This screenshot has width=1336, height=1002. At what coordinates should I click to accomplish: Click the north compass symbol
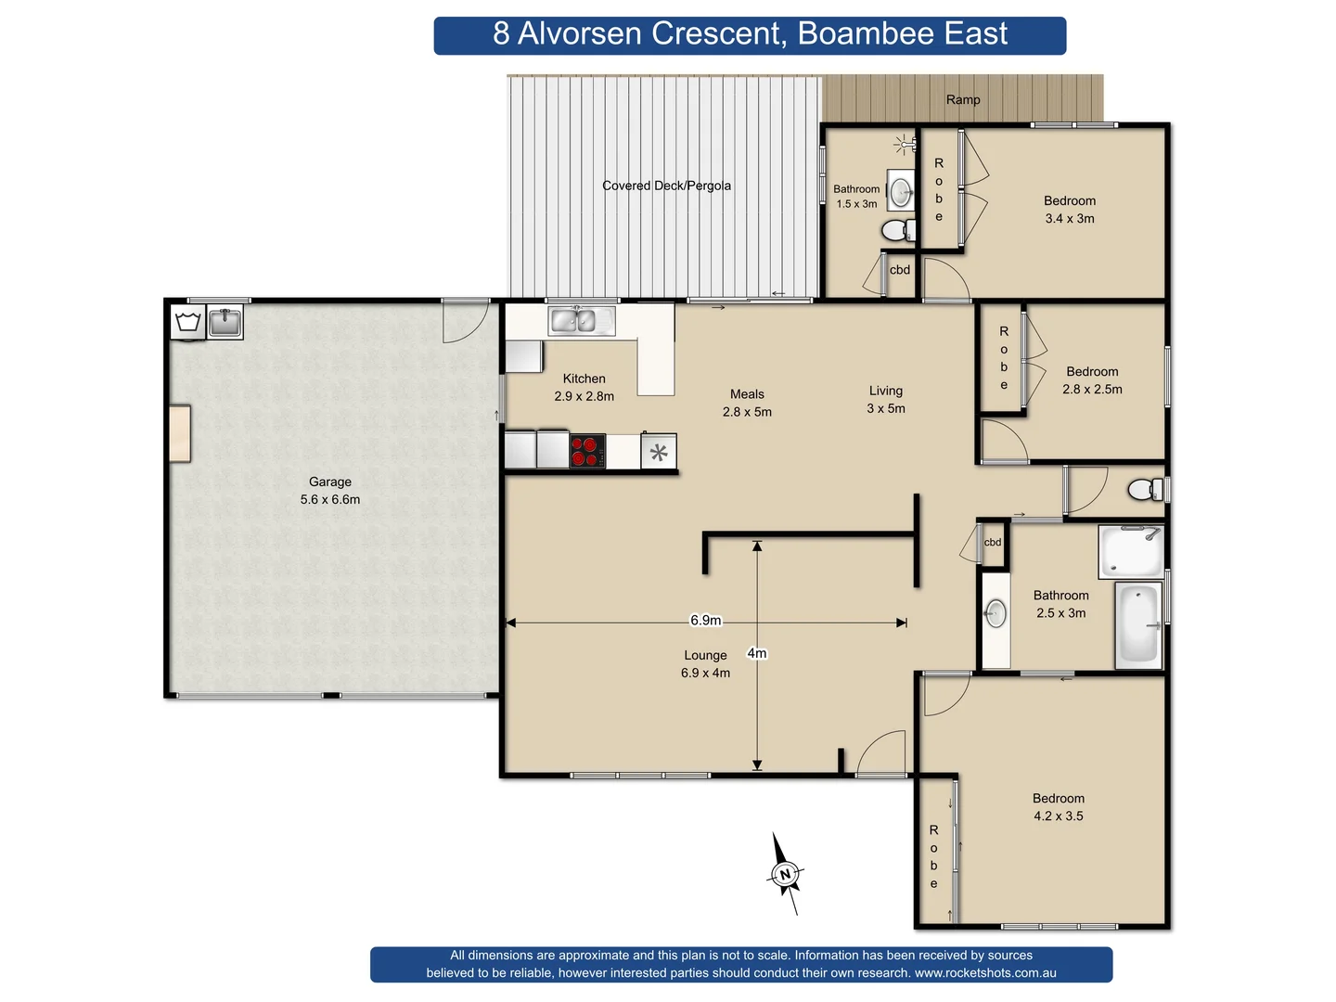785,874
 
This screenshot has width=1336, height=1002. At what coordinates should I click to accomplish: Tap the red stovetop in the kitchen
585,451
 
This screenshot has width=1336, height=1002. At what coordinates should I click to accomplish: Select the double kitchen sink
574,321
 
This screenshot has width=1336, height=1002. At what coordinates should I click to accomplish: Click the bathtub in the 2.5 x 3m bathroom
1138,623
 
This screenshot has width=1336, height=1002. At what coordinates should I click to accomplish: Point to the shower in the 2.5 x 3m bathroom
1130,551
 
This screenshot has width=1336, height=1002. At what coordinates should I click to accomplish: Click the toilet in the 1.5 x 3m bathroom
897,229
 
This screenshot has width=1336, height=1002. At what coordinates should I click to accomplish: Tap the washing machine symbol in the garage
188,323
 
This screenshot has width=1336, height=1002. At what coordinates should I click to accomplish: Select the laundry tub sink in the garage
225,323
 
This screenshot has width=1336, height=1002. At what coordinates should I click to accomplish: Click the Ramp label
963,99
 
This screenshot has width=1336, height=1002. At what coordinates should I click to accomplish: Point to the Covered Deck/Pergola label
666,186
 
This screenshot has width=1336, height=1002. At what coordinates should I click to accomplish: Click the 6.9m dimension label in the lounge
705,620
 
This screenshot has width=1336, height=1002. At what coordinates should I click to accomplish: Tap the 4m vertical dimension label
757,653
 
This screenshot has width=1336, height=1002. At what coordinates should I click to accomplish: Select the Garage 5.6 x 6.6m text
330,491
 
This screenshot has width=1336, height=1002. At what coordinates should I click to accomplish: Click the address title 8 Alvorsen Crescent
750,34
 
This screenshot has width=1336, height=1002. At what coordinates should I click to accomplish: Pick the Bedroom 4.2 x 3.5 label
1059,807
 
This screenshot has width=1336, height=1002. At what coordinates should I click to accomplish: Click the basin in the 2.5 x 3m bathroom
996,613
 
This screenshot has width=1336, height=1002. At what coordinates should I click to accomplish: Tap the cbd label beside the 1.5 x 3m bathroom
900,270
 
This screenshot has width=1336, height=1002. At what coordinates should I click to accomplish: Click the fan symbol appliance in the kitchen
659,453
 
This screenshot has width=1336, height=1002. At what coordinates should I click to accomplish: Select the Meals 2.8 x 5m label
747,403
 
